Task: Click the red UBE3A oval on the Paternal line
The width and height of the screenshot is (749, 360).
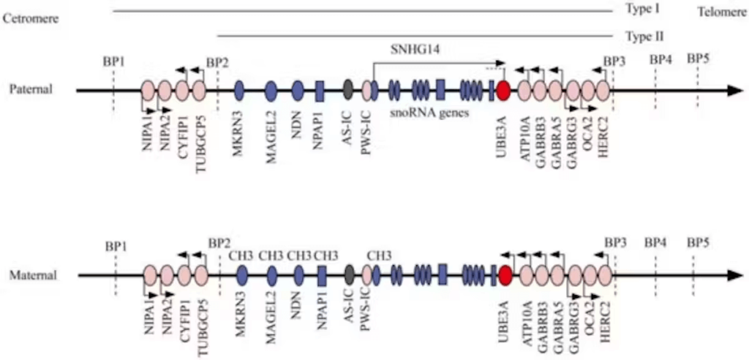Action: click(x=503, y=91)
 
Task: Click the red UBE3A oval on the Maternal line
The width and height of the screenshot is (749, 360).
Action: click(x=505, y=275)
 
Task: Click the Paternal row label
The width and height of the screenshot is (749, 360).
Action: click(x=31, y=89)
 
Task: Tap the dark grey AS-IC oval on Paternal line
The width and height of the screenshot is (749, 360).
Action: click(x=348, y=91)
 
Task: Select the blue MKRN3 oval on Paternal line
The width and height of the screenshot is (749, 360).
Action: click(x=239, y=91)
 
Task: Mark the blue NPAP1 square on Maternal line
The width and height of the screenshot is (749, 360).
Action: click(x=322, y=275)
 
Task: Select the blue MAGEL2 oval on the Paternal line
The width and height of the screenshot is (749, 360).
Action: click(x=271, y=91)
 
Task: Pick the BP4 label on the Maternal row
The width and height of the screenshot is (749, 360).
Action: click(x=655, y=242)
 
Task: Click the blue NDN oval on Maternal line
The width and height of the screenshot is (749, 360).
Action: click(x=298, y=275)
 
